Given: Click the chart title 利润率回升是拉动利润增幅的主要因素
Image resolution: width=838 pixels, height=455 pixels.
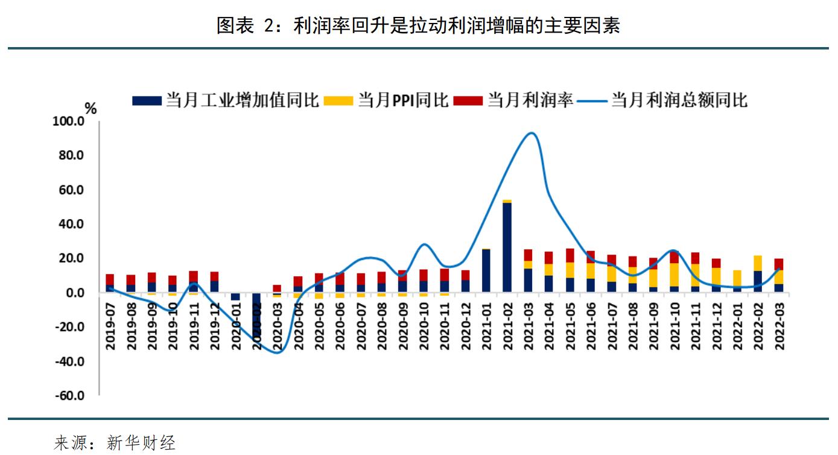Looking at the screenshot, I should tap(418, 25).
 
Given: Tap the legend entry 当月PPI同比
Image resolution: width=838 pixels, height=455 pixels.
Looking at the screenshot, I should tap(386, 100).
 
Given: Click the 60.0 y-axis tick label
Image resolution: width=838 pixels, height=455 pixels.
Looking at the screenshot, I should tap(71, 190).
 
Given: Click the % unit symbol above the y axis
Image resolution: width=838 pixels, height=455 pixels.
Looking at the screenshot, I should tap(90, 109).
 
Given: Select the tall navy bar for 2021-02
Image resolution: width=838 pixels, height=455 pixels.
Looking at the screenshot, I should tap(507, 247).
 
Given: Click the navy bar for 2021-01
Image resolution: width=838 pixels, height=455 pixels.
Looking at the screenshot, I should tap(486, 271).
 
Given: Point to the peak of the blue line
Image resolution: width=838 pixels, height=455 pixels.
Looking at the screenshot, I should tap(531, 133).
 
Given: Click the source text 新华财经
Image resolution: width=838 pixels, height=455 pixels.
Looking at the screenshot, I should tap(141, 444).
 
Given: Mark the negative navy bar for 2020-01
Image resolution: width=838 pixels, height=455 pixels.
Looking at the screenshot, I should tap(236, 296).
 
